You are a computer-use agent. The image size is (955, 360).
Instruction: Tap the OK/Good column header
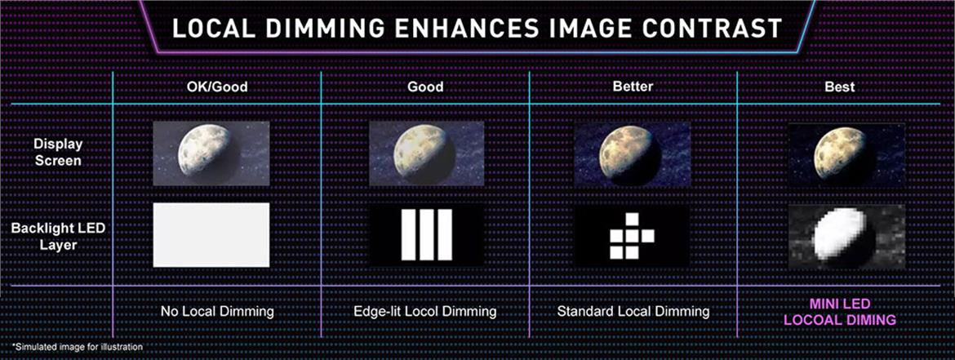pos(217,87)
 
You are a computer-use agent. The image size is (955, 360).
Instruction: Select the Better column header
pos(633,86)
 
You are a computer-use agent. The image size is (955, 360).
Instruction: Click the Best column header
pos(839,87)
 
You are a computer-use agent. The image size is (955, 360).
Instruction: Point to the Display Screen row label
pos(58,153)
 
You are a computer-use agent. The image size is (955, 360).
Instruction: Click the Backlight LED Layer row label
pos(58,237)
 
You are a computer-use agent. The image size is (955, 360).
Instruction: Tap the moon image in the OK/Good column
pos(211,153)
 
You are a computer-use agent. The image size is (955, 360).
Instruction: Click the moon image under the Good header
pos(426,153)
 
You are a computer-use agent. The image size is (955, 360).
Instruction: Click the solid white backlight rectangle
pos(211,234)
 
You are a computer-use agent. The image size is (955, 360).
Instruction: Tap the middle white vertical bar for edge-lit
pos(426,234)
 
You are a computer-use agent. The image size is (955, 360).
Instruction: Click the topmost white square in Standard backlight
pos(633,219)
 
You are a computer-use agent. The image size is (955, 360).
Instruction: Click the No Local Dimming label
pos(217,312)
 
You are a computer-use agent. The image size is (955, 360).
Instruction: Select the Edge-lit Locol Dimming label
pos(425,312)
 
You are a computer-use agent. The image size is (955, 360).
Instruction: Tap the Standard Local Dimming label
pos(633,312)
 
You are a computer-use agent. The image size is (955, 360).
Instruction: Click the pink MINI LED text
pos(839,304)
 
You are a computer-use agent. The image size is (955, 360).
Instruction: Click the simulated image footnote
pos(78,347)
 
